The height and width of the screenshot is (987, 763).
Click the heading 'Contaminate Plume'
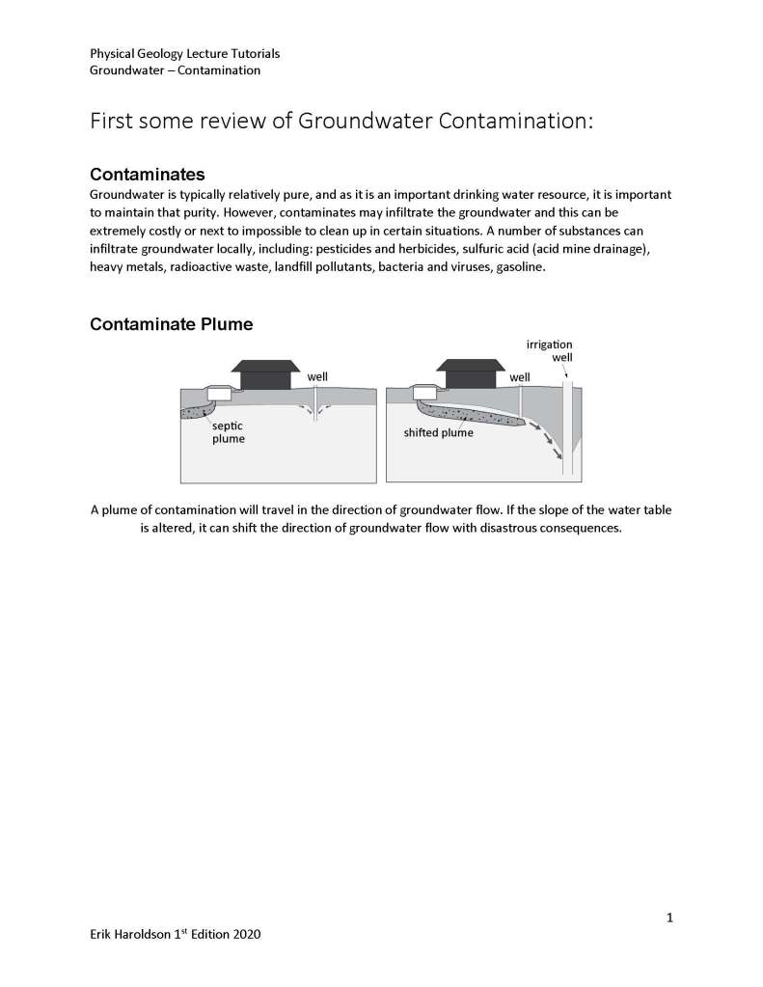[x=171, y=324]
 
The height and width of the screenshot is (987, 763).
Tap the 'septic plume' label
[x=229, y=431]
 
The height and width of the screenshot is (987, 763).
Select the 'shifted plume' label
[x=438, y=433]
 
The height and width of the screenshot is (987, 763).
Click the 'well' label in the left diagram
[x=317, y=376]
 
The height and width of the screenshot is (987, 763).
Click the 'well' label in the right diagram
[x=520, y=376]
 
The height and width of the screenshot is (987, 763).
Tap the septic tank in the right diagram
[x=425, y=394]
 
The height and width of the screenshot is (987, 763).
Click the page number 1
[x=669, y=918]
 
